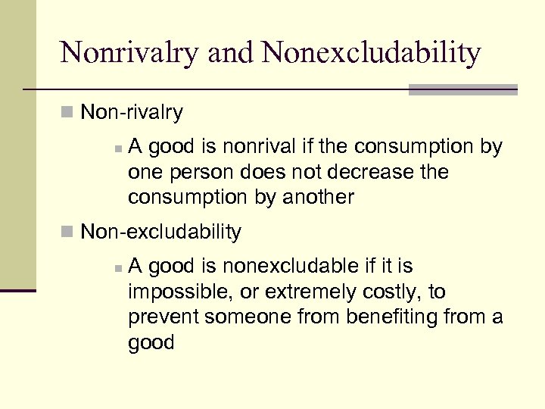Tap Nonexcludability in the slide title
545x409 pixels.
click(371, 53)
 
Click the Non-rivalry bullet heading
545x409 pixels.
click(131, 113)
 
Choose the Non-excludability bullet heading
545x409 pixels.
click(160, 232)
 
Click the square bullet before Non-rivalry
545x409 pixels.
click(68, 113)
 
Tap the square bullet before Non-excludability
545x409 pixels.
click(68, 232)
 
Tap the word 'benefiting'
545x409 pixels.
click(394, 317)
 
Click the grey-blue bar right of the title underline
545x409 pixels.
click(463, 89)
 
